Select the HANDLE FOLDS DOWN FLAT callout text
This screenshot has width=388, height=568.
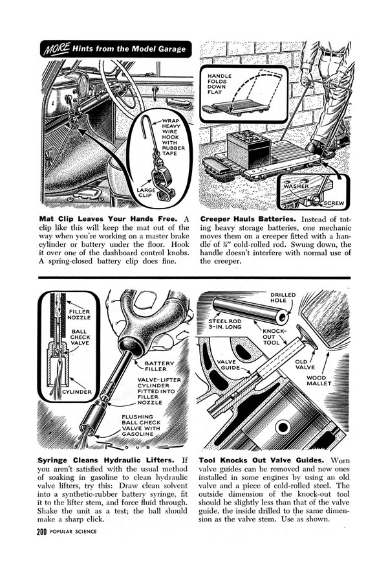[x=220, y=84]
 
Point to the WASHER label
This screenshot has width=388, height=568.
[x=299, y=187]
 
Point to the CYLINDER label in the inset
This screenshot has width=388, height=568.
[x=76, y=392]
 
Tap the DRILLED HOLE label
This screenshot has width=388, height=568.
[x=283, y=299]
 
